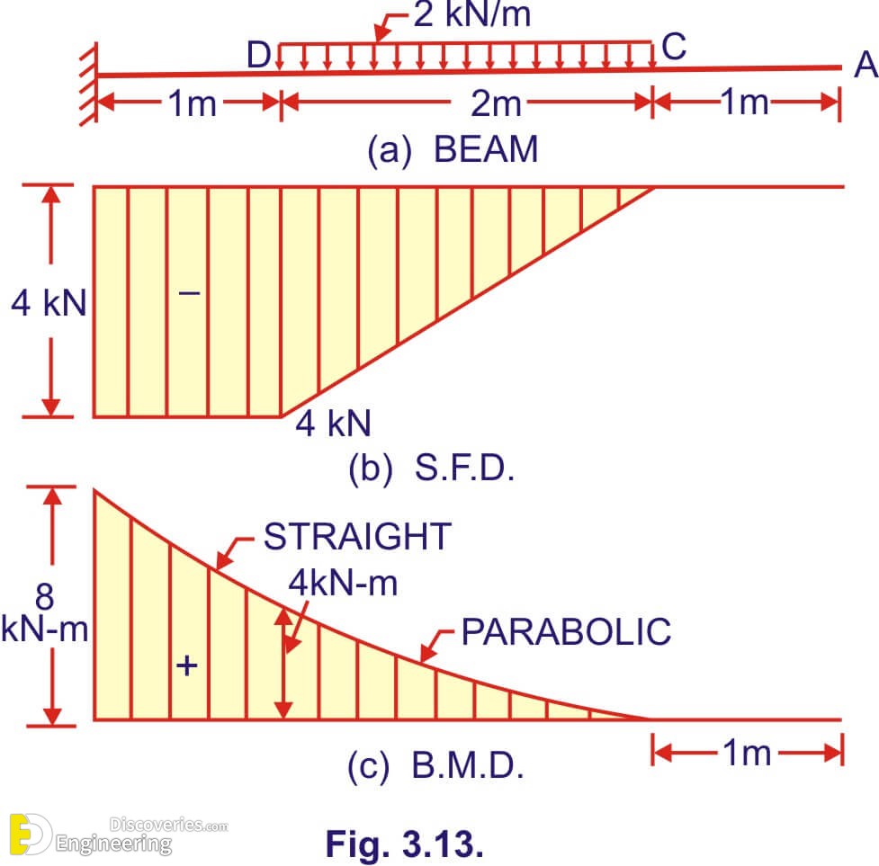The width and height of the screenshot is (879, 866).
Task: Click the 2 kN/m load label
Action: click(x=472, y=14)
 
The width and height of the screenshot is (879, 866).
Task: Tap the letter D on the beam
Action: click(x=259, y=56)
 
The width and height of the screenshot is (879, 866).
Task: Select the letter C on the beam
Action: click(x=674, y=47)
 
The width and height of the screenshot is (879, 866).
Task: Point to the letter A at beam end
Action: click(x=866, y=65)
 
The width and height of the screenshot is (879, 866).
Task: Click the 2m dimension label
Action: click(x=496, y=103)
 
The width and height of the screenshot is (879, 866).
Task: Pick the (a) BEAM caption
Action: click(x=453, y=149)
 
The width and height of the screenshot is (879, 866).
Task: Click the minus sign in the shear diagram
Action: click(x=190, y=292)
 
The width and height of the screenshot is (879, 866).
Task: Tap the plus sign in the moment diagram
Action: click(x=186, y=666)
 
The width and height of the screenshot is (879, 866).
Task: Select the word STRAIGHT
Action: click(x=358, y=536)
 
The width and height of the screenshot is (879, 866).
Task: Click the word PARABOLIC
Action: click(x=566, y=632)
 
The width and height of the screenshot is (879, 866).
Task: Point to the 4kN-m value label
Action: click(x=343, y=583)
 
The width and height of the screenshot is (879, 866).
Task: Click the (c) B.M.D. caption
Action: click(x=435, y=765)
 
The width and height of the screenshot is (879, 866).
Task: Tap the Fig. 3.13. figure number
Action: click(x=405, y=844)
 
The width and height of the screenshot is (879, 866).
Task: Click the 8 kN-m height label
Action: click(x=45, y=612)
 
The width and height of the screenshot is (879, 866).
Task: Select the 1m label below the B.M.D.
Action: click(x=747, y=753)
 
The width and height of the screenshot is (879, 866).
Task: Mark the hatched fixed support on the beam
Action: click(x=88, y=84)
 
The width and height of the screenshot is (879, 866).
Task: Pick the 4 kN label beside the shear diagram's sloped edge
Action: click(x=334, y=424)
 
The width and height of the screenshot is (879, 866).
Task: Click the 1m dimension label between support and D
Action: click(x=193, y=103)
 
